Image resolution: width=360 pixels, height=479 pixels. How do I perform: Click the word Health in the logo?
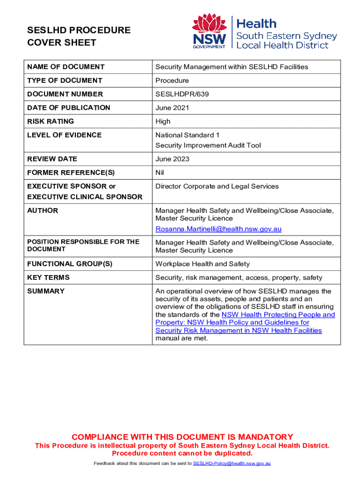click(257, 23)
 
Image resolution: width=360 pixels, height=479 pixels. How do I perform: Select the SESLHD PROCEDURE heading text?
click(78, 30)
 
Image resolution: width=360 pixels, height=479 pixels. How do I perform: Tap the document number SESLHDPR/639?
click(182, 94)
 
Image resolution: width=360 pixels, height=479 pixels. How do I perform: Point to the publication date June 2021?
click(172, 108)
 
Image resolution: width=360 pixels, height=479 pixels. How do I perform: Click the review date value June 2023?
click(172, 159)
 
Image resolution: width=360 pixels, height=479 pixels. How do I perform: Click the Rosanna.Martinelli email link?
click(218, 229)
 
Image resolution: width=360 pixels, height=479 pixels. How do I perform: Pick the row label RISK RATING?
click(50, 121)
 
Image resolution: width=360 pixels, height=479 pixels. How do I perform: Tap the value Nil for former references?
click(160, 173)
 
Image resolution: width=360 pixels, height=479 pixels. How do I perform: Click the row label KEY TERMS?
click(48, 277)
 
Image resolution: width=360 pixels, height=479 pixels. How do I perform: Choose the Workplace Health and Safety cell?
click(202, 264)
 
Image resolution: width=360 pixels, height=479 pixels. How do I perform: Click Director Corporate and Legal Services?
click(217, 186)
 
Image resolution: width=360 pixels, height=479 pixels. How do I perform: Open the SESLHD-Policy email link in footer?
click(232, 464)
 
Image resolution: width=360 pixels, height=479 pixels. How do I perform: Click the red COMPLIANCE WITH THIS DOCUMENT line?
click(182, 437)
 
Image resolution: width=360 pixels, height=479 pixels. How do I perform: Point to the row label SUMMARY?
click(46, 291)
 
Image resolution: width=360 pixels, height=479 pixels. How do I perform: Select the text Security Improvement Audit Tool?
click(208, 145)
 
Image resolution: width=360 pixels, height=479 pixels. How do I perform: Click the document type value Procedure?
click(172, 80)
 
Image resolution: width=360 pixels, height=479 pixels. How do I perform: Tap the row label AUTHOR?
click(43, 210)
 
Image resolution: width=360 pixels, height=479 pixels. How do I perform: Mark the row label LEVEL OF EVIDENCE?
click(64, 135)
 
